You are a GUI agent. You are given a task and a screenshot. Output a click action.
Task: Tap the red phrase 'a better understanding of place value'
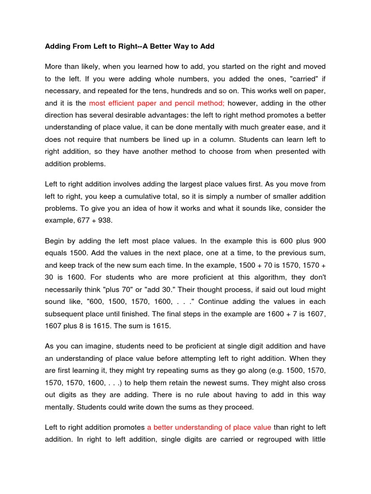tap(209, 427)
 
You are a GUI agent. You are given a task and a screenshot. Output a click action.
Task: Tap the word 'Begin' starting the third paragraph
tap(55, 240)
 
